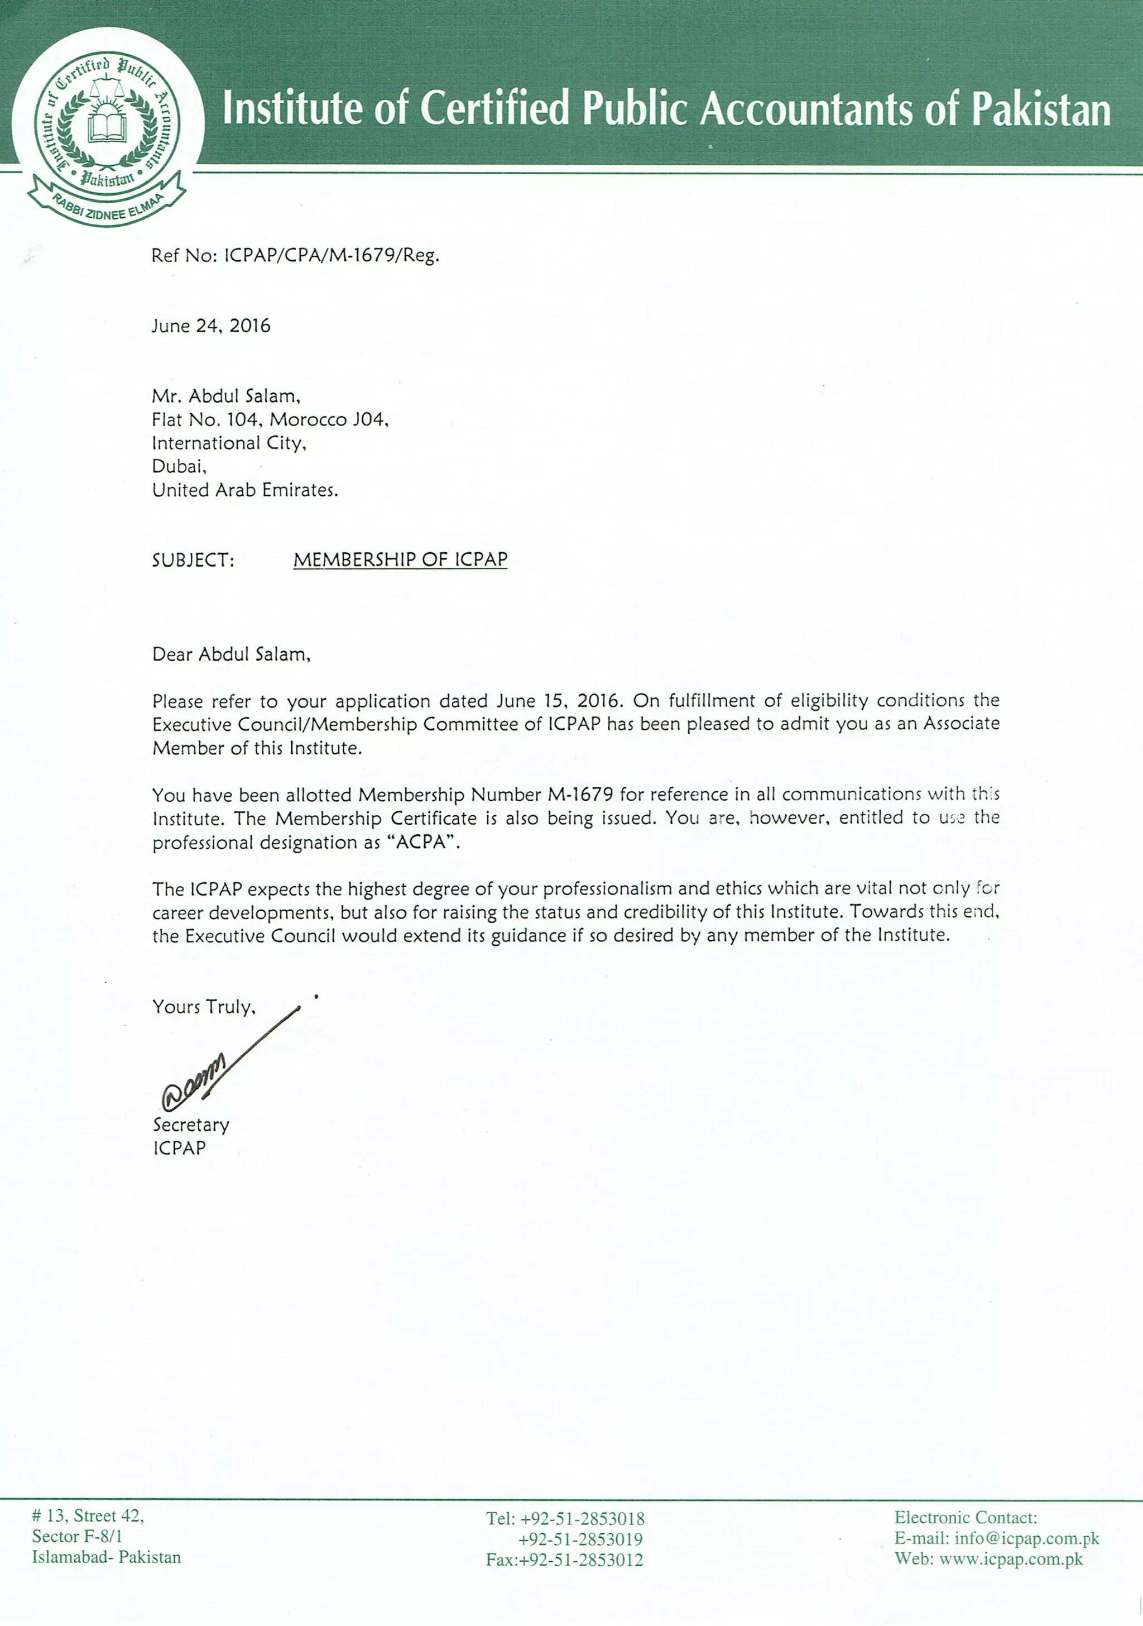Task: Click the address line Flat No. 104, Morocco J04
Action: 270,420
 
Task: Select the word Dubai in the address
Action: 179,467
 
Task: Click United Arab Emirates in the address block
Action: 245,490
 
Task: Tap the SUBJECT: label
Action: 193,560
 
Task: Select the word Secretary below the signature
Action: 191,1125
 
